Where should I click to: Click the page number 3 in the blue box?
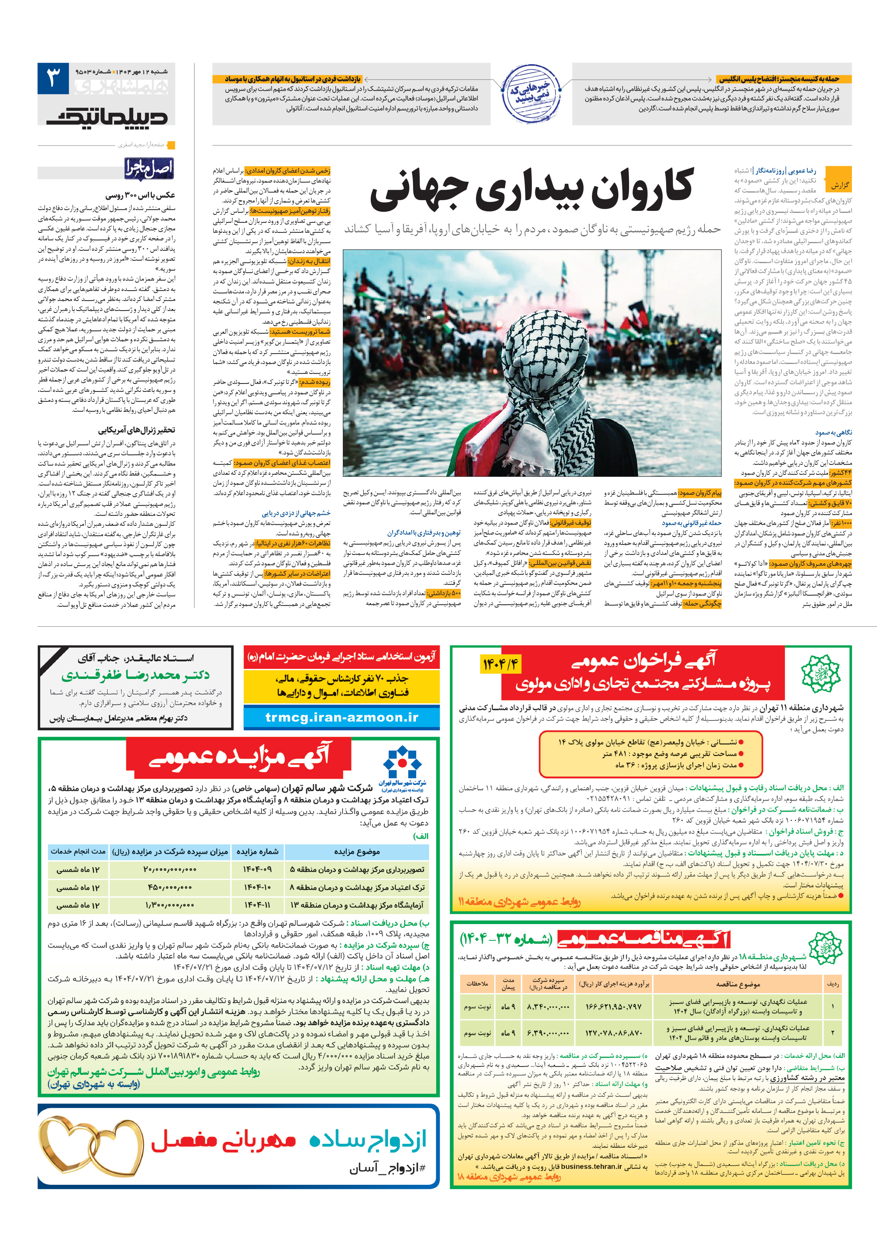click(x=53, y=78)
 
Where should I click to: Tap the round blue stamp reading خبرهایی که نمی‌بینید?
click(x=531, y=93)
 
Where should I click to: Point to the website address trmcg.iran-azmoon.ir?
click(x=342, y=717)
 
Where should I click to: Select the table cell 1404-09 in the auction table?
click(x=257, y=869)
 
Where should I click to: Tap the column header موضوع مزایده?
click(x=356, y=851)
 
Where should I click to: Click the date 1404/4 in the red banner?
click(x=500, y=664)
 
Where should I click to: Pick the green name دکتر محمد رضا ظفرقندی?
click(x=136, y=675)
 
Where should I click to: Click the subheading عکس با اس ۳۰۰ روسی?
click(x=140, y=195)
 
